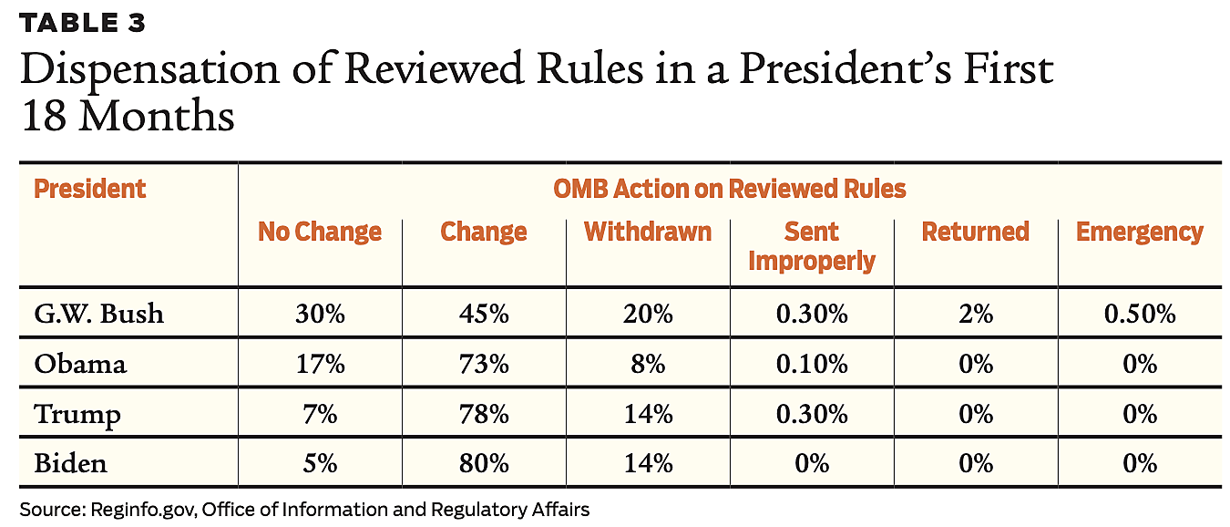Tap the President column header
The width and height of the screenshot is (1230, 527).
point(89,189)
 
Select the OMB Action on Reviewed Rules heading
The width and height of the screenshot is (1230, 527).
point(729,189)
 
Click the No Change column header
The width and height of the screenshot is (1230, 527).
point(319,232)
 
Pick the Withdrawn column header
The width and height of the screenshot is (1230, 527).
point(647,232)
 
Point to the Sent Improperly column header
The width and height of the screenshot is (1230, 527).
point(811,246)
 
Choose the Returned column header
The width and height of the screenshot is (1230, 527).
point(975,232)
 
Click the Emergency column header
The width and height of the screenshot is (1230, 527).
point(1139,232)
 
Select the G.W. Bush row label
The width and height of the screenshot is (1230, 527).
point(98,314)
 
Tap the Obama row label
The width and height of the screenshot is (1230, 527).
point(80,364)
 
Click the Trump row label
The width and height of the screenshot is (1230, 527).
point(77,414)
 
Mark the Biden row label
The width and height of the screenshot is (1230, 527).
point(70,463)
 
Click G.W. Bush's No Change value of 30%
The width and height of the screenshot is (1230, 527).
point(319,314)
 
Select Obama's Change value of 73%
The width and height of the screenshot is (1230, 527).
point(483,364)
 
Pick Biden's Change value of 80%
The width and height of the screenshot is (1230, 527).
point(483,463)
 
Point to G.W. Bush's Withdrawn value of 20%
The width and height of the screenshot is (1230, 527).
point(647,314)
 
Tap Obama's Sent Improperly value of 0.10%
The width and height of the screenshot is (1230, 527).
point(811,364)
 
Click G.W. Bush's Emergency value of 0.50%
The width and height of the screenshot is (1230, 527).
point(1139,314)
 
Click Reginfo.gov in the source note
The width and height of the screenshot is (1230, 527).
point(141,510)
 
